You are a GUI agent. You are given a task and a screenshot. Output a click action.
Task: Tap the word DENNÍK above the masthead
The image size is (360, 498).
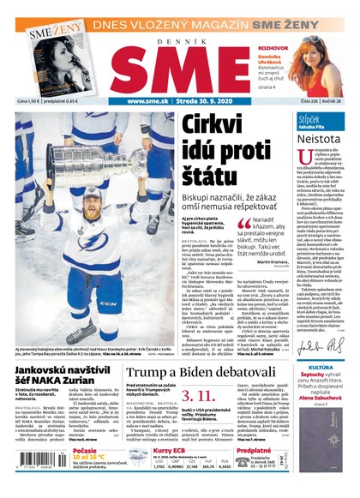tap(180, 34)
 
